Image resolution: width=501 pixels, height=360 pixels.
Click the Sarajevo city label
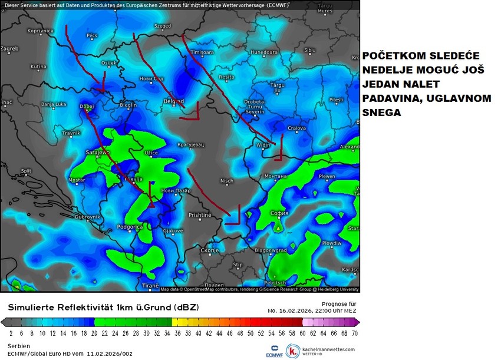[82, 151]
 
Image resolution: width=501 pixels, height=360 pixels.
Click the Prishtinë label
[200, 215]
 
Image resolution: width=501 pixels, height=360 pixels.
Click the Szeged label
[162, 26]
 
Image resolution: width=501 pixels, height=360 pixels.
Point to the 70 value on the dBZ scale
[355, 333]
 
